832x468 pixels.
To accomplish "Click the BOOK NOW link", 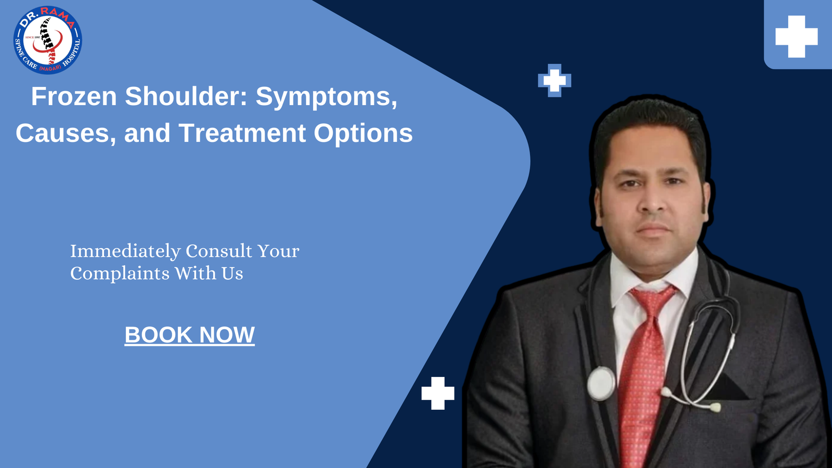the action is coord(189,335).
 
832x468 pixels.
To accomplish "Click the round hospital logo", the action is coord(47,40).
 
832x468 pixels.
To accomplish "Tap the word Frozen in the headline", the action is coord(74,96).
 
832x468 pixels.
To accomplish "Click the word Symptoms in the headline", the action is coord(327,97).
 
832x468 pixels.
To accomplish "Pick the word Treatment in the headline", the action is coord(242,133).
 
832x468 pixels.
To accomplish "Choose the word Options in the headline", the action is coord(363,134).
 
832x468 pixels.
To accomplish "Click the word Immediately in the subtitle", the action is coord(125,251).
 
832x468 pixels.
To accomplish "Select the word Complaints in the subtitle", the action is coord(120,274).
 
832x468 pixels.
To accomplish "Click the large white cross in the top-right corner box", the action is coord(796,36).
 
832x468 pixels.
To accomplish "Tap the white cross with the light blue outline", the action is coord(554,81).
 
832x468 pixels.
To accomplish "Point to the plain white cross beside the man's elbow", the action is coord(438,393).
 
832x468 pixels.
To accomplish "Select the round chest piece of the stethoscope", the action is coord(601,384).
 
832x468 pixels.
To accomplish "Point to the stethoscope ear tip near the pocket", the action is coord(716,408).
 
